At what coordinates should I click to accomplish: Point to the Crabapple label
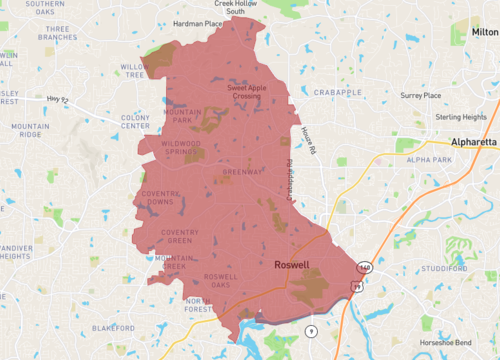[x=337, y=92]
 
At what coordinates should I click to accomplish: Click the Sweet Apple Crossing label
[x=247, y=93]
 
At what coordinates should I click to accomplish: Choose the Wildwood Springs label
[x=181, y=147]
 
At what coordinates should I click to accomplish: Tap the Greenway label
[x=242, y=171]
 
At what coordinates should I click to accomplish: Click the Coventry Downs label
[x=160, y=197]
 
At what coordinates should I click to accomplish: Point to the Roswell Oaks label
[x=220, y=281]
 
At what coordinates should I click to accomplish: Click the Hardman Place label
[x=196, y=24]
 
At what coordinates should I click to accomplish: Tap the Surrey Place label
[x=421, y=95]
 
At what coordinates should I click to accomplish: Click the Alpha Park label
[x=429, y=160]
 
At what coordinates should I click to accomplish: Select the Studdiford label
[x=445, y=268]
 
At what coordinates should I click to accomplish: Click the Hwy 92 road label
[x=59, y=98]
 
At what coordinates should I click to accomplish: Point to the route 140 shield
[x=364, y=269]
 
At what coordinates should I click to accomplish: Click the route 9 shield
[x=311, y=330]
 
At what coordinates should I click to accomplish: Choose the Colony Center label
[x=135, y=122]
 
